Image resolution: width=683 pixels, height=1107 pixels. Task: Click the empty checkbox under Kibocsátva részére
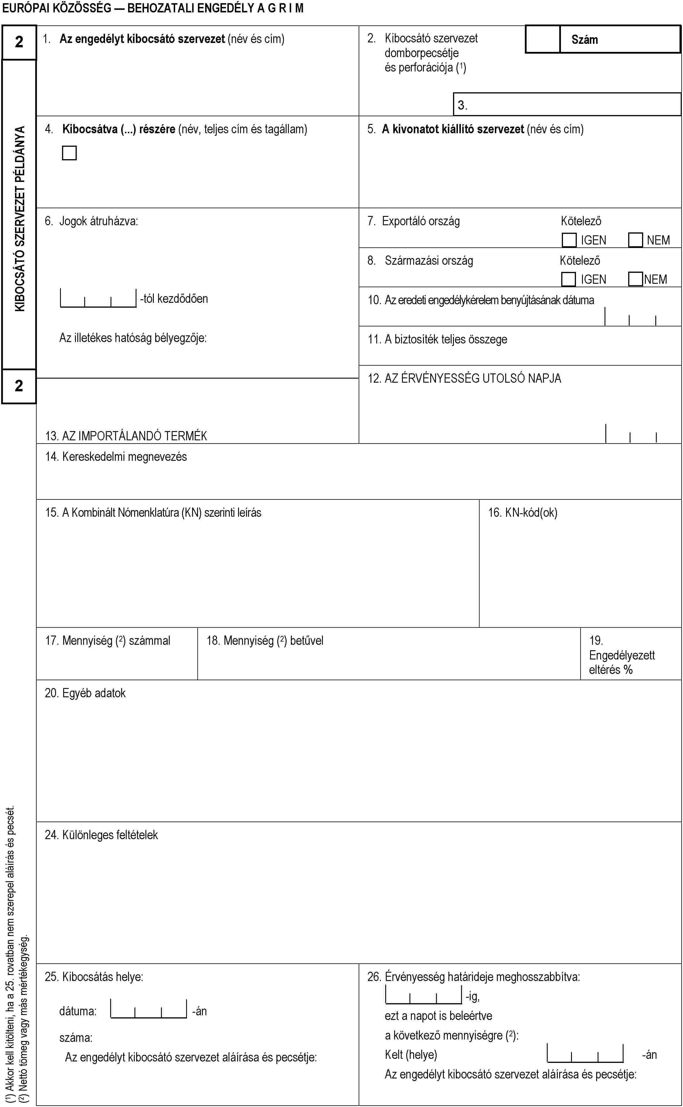click(69, 153)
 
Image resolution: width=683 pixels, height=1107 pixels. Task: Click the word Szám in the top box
click(585, 40)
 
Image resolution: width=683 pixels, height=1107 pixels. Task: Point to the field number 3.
click(462, 105)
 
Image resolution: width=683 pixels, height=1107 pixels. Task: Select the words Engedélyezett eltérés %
click(622, 662)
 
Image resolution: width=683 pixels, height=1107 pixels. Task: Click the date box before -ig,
click(424, 994)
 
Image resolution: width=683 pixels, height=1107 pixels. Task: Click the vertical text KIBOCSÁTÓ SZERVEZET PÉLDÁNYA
click(20, 219)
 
